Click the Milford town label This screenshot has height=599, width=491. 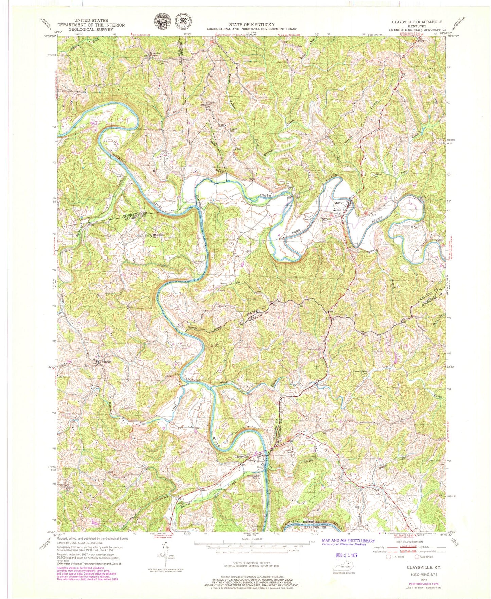click(x=339, y=203)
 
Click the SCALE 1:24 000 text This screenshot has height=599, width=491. click(x=251, y=539)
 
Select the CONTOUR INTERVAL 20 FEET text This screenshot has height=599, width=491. click(x=251, y=563)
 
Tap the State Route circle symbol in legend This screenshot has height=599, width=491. click(x=418, y=557)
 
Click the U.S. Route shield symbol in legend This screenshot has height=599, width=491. click(x=389, y=557)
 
